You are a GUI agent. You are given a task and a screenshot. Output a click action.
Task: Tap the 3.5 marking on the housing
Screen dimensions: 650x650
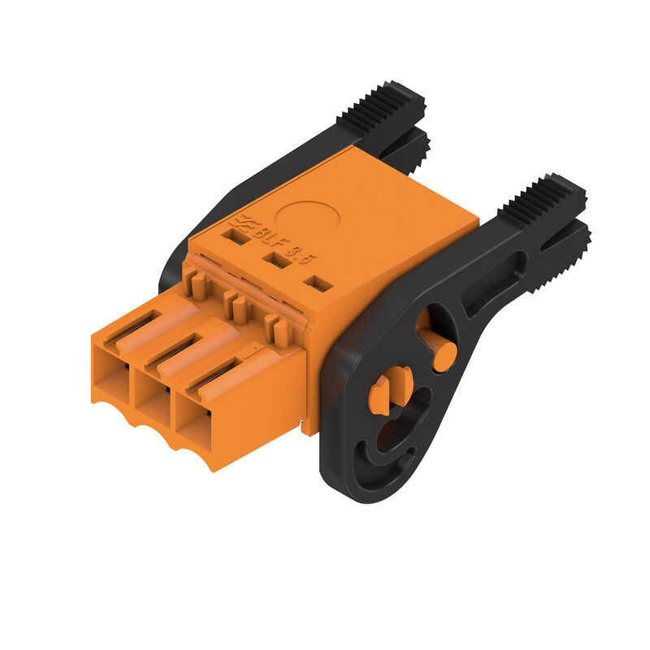[x=303, y=255]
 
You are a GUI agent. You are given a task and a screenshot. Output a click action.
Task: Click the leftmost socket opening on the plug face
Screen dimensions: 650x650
[x=111, y=376]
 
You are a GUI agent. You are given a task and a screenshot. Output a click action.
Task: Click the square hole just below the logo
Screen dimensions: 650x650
[x=236, y=236]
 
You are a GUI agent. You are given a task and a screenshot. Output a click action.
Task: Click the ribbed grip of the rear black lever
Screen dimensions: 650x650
[x=380, y=106]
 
